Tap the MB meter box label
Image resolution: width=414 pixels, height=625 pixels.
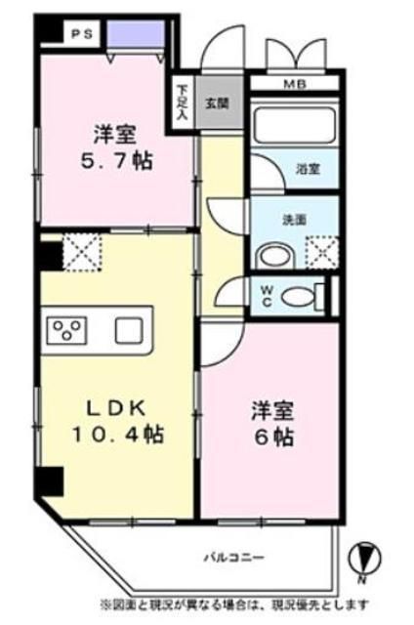pos(294,84)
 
